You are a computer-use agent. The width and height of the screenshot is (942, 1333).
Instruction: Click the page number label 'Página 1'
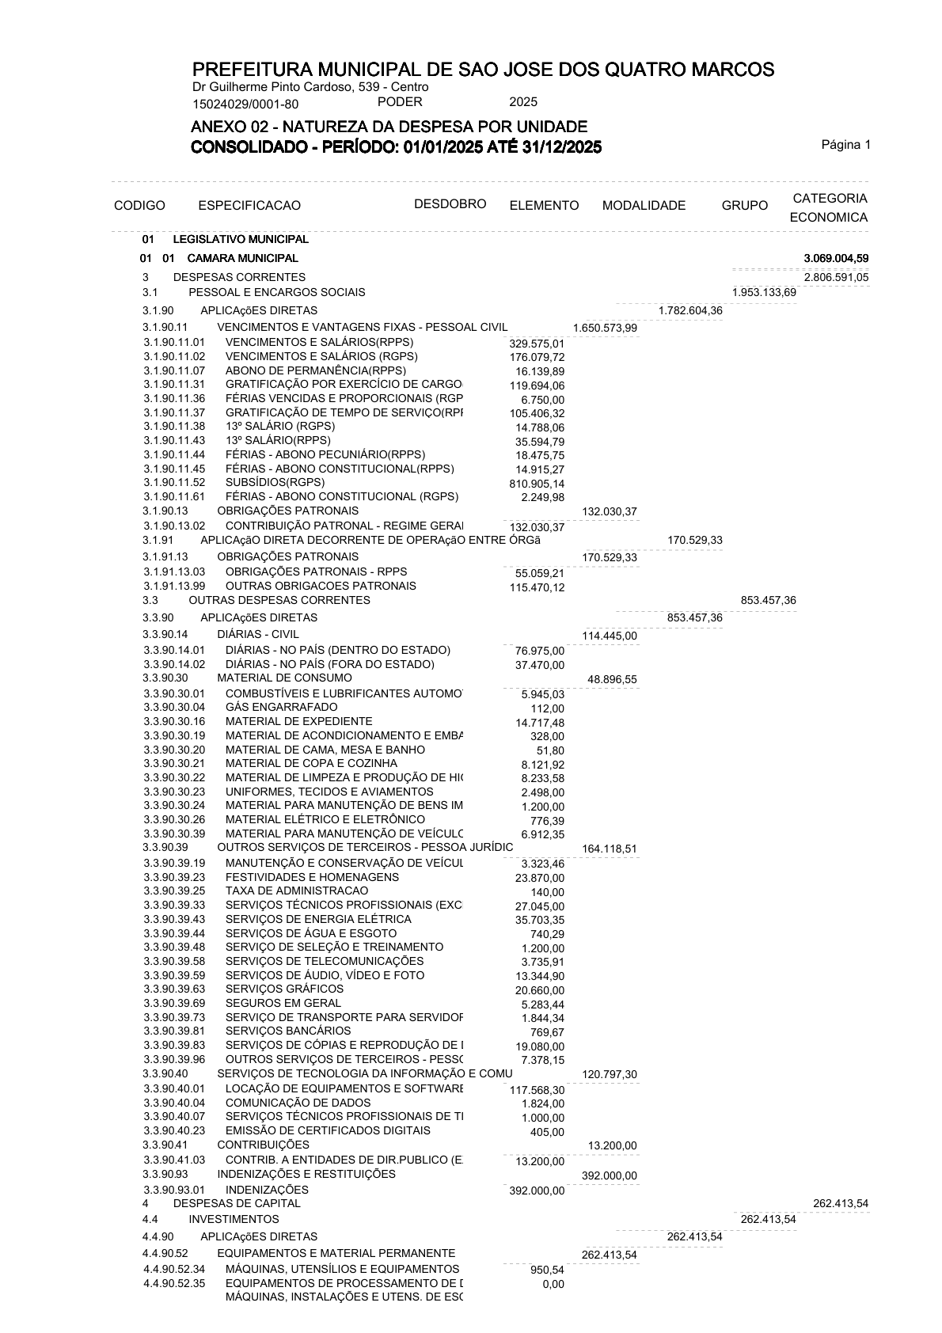click(x=845, y=145)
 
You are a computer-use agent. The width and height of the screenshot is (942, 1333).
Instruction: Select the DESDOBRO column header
click(x=450, y=204)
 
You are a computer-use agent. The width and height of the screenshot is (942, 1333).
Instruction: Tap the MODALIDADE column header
click(x=644, y=206)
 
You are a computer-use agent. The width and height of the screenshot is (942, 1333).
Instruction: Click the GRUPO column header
click(x=744, y=206)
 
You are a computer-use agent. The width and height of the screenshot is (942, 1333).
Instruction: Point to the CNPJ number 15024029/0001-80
click(x=245, y=104)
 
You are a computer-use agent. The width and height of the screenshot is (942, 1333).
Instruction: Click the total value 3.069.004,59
click(x=836, y=259)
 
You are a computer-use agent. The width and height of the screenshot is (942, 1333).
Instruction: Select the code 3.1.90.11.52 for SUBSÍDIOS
click(x=174, y=482)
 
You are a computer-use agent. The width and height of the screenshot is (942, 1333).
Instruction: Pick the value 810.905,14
click(x=537, y=484)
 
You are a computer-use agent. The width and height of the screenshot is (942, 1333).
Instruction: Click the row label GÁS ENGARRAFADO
click(x=281, y=707)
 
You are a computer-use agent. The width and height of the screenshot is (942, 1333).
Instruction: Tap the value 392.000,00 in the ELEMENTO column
click(x=537, y=1191)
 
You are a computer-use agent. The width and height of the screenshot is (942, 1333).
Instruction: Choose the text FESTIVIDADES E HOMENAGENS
click(x=312, y=877)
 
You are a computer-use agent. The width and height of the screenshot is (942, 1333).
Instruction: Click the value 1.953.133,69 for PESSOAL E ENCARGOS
click(x=764, y=293)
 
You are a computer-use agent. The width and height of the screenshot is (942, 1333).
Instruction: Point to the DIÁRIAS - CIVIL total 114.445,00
click(x=609, y=636)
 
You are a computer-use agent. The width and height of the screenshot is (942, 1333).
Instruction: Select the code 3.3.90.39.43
click(x=174, y=919)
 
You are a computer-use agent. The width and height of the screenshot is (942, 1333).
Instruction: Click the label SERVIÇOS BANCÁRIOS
click(x=288, y=1031)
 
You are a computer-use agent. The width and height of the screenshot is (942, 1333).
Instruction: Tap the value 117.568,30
click(x=537, y=1090)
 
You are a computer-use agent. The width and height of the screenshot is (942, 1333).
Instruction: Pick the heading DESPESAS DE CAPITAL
click(x=237, y=1203)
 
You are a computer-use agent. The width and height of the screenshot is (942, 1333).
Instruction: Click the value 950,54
click(x=547, y=1270)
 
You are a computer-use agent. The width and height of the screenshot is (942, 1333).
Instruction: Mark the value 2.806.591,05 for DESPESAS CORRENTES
click(x=836, y=278)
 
